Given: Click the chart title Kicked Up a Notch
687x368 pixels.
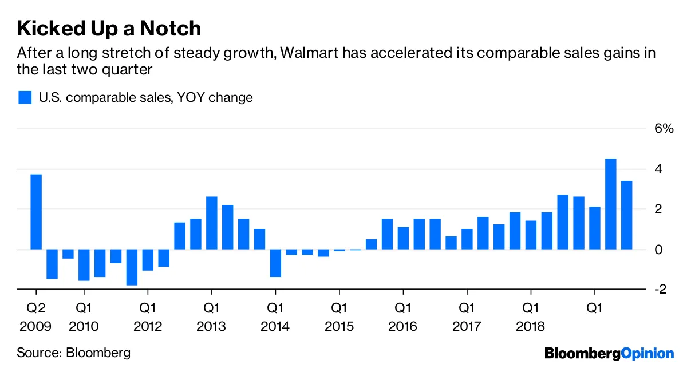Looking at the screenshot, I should point(109,28).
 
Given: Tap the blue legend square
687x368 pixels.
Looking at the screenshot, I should point(25,97).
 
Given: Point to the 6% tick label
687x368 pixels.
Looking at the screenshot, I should point(664,129).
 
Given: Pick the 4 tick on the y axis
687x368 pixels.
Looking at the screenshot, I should point(660,169).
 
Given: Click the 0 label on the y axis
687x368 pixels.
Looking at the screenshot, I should point(660,250).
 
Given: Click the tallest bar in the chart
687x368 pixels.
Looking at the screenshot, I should point(610,204).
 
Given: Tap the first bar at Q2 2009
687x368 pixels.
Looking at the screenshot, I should point(35,212).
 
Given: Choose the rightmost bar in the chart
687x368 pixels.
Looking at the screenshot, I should point(626,215).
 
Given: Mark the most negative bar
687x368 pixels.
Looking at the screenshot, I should point(132,267).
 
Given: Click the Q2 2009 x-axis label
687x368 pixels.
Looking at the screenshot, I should point(35,318).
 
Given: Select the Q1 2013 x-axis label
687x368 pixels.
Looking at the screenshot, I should point(212,318).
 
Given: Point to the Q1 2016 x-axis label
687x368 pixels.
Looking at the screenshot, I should point(403,318).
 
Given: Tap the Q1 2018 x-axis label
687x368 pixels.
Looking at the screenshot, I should point(530,318).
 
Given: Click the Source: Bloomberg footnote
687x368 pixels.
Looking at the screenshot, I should point(73,352).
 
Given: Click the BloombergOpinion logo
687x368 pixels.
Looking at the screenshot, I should point(609,353).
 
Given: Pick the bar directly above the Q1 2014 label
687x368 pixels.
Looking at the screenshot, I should point(275,263).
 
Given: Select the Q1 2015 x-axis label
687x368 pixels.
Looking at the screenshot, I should point(339,318).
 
